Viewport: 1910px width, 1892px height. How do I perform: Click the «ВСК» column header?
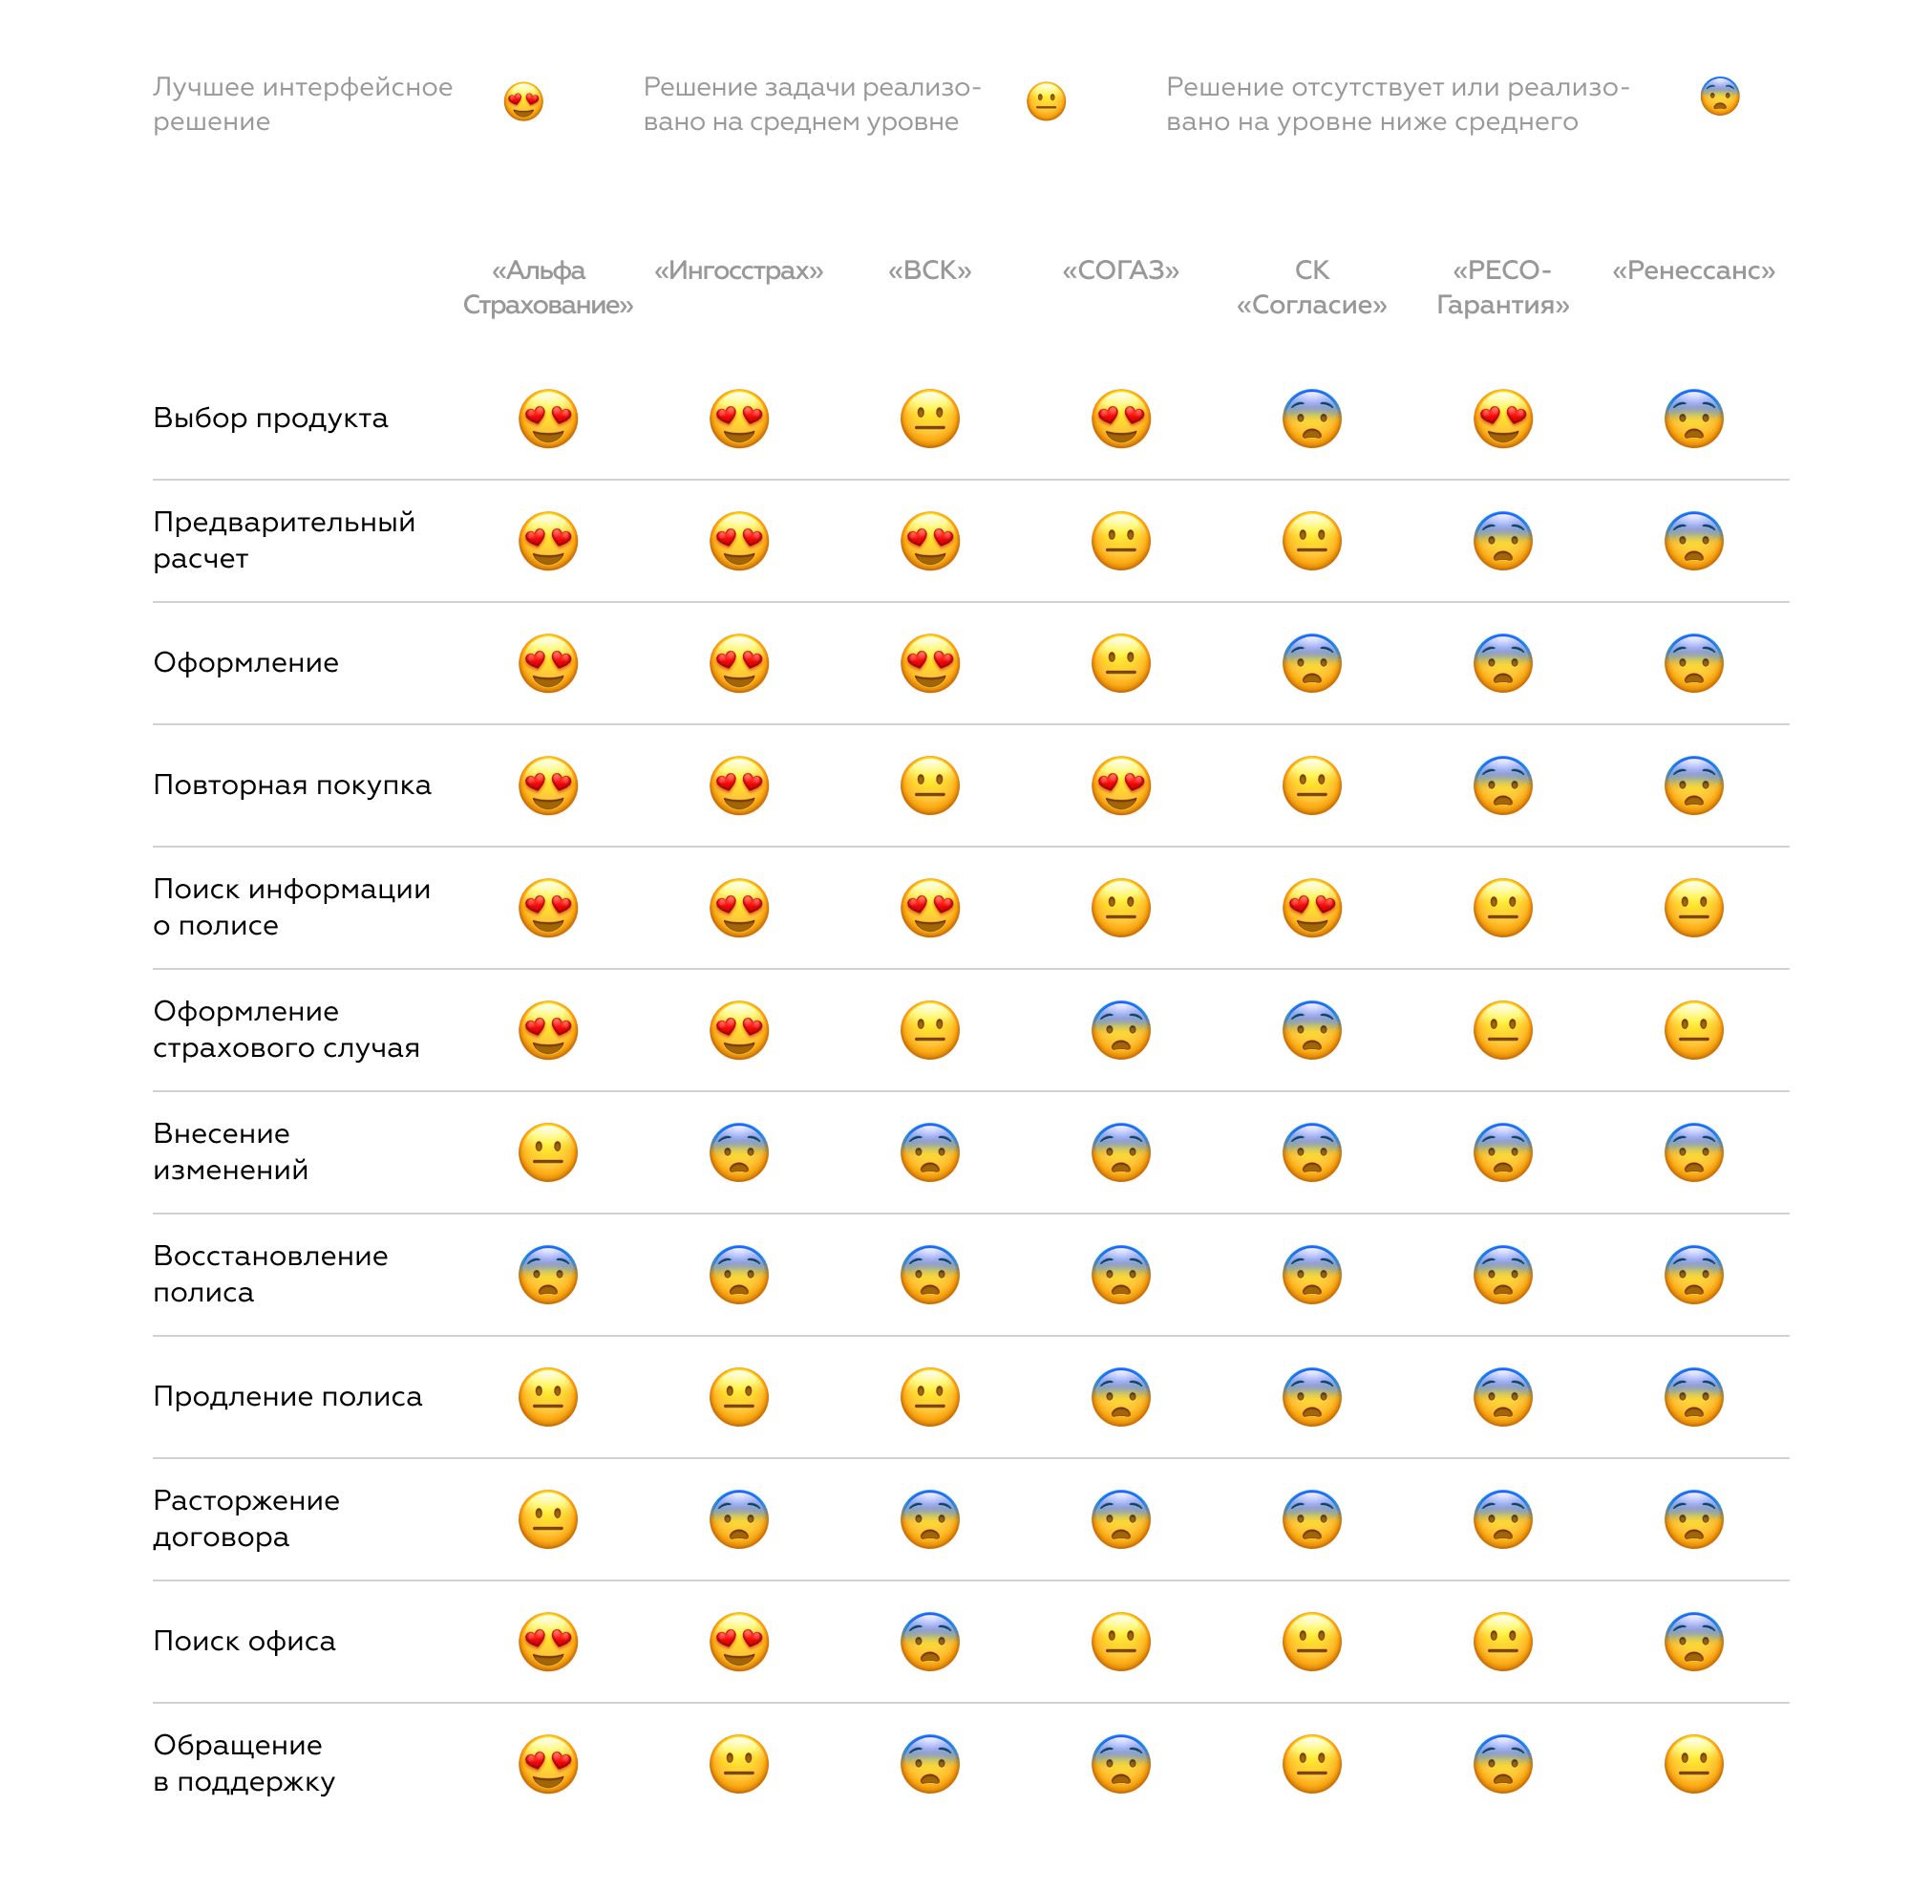(929, 270)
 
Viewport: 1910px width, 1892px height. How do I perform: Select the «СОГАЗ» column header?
(1120, 270)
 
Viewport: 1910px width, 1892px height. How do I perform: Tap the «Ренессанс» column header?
(1693, 270)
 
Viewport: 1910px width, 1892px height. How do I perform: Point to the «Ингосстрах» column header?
(738, 270)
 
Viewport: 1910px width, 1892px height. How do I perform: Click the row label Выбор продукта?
(270, 419)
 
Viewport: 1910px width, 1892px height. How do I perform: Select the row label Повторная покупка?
(291, 785)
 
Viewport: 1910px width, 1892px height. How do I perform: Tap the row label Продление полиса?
(286, 1396)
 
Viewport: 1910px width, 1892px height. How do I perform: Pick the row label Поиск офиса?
(244, 1641)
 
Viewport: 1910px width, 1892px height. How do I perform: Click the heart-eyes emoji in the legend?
(523, 101)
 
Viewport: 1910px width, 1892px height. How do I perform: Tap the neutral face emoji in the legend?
(1046, 101)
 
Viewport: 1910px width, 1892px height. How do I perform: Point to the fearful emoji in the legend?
(1719, 96)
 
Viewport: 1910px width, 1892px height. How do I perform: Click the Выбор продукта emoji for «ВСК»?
(929, 419)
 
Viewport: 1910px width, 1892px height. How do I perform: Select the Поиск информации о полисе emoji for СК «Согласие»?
(1312, 908)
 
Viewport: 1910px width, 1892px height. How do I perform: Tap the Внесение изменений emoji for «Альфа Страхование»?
(547, 1152)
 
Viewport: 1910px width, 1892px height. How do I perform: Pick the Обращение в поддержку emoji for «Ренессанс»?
(1693, 1763)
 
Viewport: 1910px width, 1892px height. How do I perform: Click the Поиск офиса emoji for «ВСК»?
(929, 1642)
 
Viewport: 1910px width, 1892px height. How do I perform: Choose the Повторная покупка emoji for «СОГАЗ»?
(1120, 785)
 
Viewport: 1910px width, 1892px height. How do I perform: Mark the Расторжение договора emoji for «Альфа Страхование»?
(547, 1519)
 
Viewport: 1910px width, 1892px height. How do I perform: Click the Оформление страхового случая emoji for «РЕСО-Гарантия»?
(1502, 1029)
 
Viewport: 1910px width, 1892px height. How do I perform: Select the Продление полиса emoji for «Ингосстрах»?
(738, 1396)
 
